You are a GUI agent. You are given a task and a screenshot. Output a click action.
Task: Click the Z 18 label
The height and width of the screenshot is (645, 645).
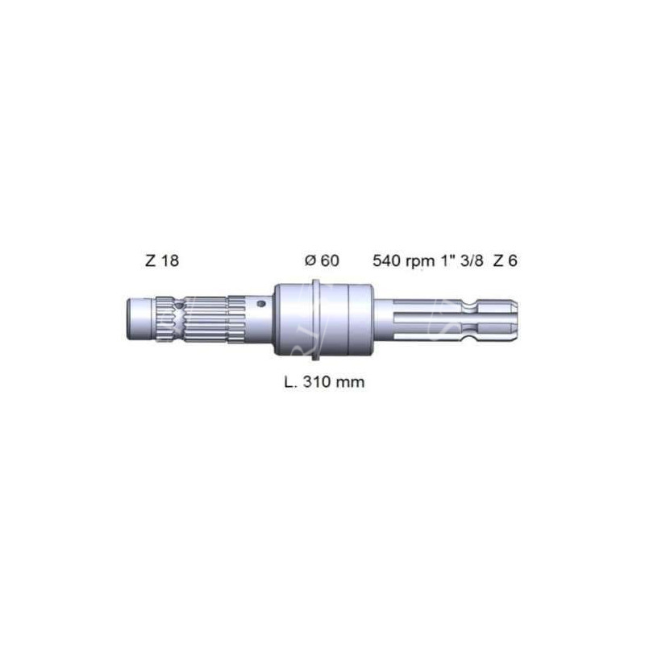click(162, 260)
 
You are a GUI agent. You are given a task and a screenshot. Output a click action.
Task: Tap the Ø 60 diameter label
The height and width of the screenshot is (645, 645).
click(322, 260)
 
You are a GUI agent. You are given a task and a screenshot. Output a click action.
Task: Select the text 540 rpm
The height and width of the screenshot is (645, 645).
click(404, 261)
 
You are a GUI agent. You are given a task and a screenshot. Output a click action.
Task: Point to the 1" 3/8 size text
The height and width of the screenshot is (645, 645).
click(463, 260)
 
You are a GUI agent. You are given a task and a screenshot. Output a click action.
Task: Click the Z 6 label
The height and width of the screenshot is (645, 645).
click(506, 260)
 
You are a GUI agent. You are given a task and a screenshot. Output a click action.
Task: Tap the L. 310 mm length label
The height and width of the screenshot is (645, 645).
click(325, 381)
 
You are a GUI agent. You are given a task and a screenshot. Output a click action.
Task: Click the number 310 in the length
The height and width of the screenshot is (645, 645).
click(317, 381)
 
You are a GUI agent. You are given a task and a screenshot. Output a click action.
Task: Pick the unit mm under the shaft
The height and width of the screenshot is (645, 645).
click(350, 384)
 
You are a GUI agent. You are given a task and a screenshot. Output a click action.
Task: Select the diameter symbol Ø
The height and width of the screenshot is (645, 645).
click(310, 260)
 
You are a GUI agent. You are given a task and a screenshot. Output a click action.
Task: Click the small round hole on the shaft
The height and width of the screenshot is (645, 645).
click(261, 304)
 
